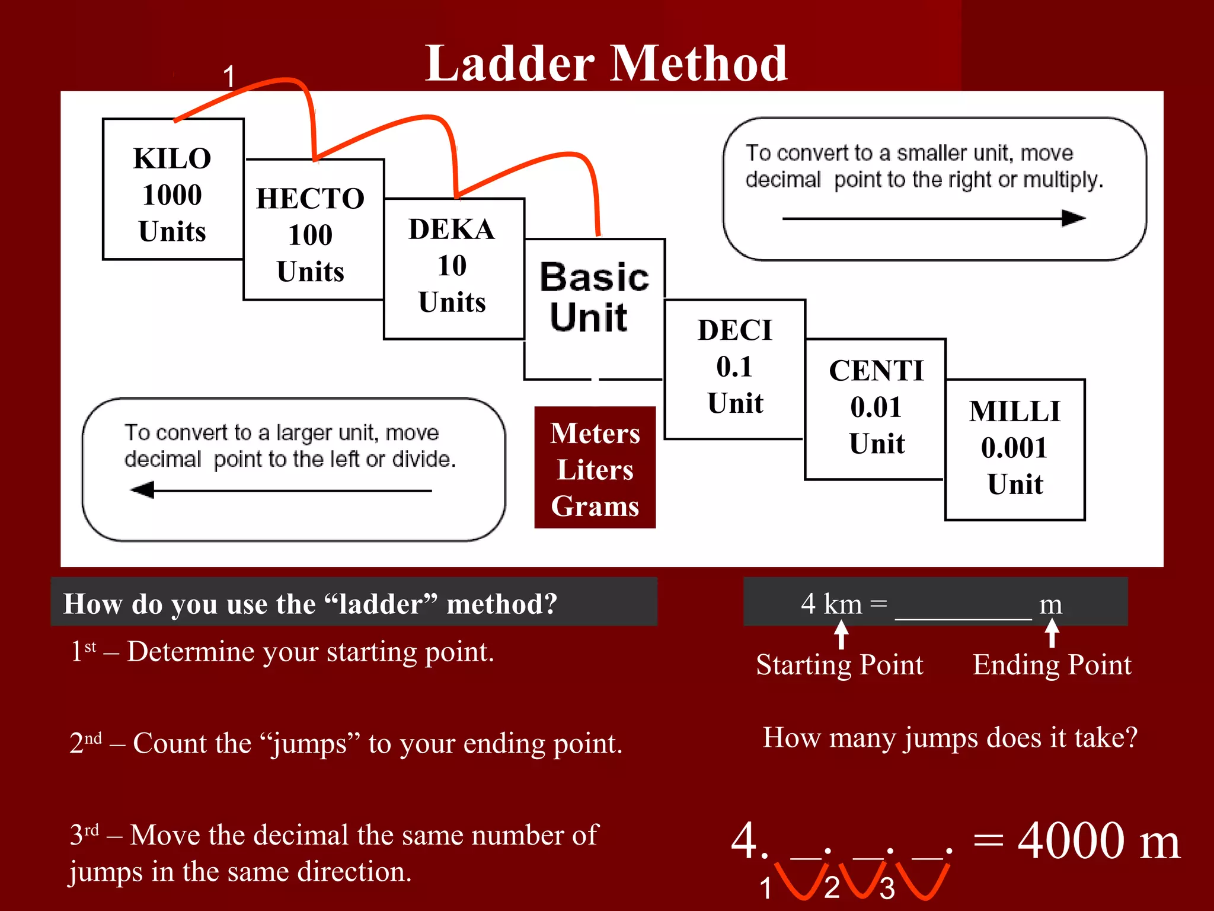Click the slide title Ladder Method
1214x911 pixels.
pyautogui.click(x=606, y=63)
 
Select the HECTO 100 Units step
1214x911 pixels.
pyautogui.click(x=311, y=234)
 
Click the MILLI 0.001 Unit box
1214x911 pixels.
pyautogui.click(x=1015, y=448)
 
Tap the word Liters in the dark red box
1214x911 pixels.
pyautogui.click(x=595, y=470)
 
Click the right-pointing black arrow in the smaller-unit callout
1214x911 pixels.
pyautogui.click(x=1073, y=218)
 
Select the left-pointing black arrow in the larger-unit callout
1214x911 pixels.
pyautogui.click(x=143, y=490)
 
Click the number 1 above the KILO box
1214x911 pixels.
pyautogui.click(x=229, y=77)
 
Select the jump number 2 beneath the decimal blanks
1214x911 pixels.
pyautogui.click(x=832, y=887)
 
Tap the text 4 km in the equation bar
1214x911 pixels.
pyautogui.click(x=831, y=604)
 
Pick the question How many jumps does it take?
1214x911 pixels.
pyautogui.click(x=950, y=738)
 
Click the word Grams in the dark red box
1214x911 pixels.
pyautogui.click(x=595, y=507)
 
